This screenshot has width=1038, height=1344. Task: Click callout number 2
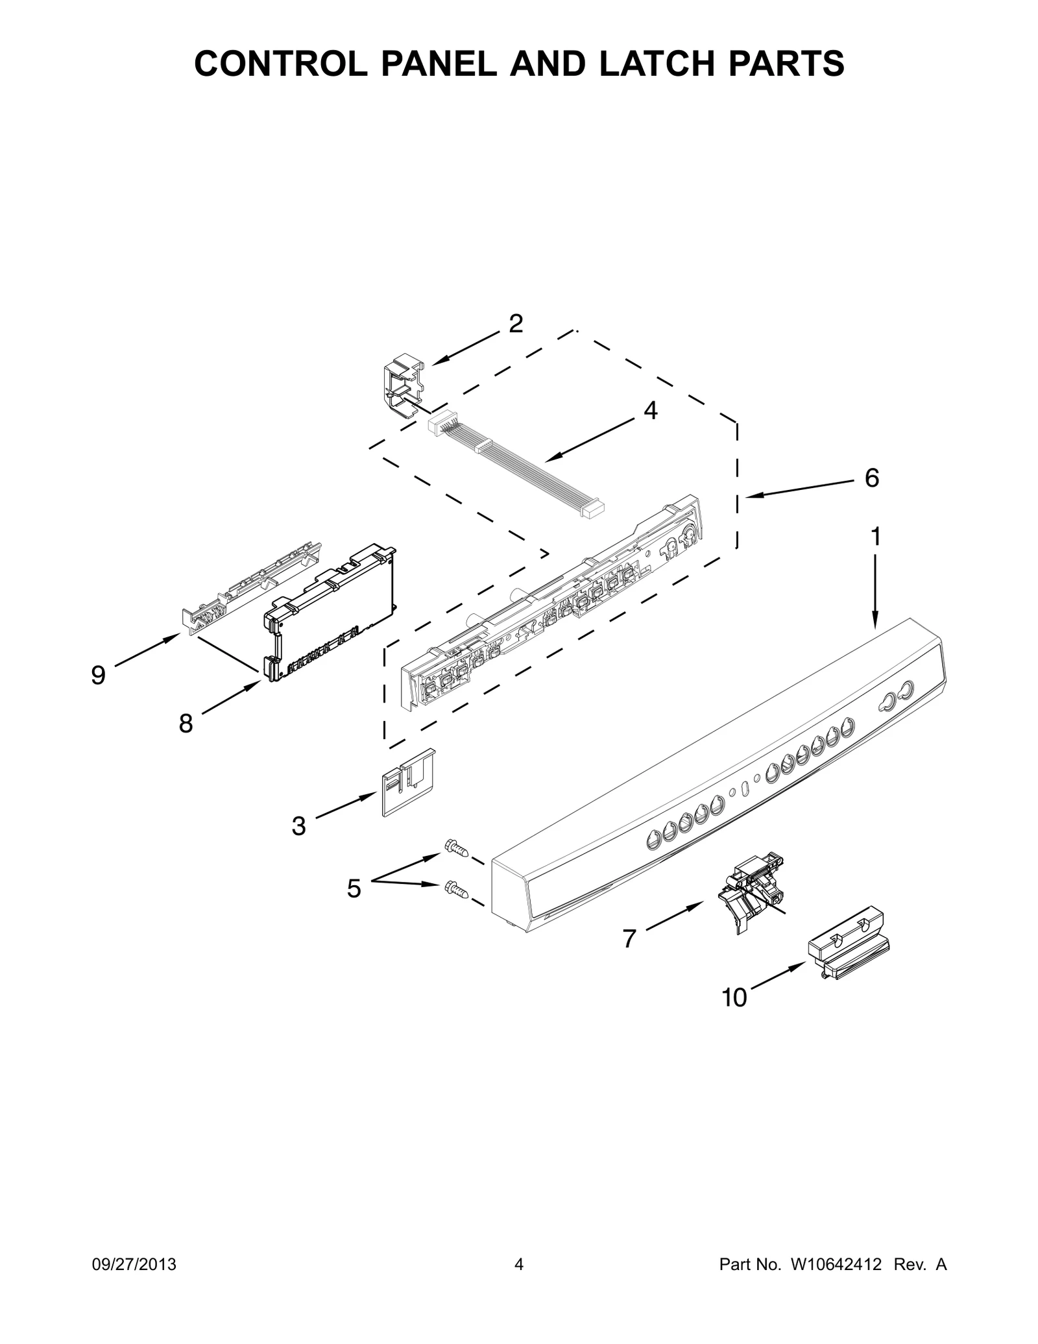click(515, 324)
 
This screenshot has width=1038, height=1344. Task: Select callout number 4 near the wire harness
click(650, 411)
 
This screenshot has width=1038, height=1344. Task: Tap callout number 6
click(871, 478)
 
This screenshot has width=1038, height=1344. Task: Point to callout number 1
click(875, 537)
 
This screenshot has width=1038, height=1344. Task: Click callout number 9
click(98, 676)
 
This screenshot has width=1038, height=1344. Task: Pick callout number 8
click(186, 723)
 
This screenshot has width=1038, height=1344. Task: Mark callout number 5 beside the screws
click(354, 888)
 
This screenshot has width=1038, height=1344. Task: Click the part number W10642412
click(836, 1264)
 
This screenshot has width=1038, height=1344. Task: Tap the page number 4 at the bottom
click(518, 1264)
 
